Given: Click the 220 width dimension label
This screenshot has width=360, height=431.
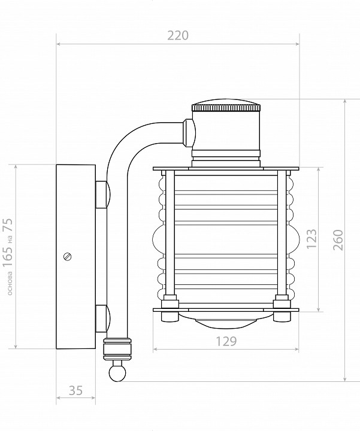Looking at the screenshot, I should pos(178,35).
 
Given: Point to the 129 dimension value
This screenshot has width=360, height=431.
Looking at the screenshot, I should pos(226,341).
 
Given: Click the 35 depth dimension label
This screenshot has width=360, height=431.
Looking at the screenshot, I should pos(75,391).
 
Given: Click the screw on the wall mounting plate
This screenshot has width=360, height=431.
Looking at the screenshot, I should pos(67,256).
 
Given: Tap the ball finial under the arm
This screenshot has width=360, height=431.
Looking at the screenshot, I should pos(117,372).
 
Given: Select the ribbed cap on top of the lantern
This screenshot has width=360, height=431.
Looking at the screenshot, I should pos(226,108).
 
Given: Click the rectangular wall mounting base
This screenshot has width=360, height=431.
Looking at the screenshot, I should pos(75,256).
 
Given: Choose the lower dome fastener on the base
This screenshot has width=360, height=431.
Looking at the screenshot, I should pos(102,317).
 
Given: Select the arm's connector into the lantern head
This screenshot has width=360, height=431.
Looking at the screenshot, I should pos(189,132).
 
